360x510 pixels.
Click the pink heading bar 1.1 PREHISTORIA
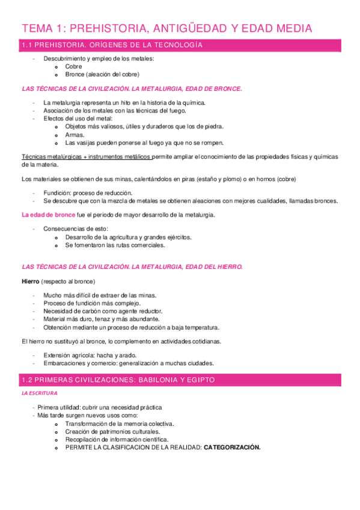(180, 45)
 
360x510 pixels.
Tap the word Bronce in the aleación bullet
(76, 75)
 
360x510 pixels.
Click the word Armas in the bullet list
(75, 135)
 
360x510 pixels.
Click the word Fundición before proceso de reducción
(57, 194)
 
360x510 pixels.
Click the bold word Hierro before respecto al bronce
(30, 281)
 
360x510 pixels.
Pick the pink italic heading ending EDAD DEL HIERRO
(132, 266)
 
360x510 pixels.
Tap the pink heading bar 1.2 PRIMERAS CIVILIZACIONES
(180, 380)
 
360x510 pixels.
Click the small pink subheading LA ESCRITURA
(39, 393)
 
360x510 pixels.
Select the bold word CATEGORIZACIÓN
(232, 447)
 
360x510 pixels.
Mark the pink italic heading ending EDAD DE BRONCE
(132, 88)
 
